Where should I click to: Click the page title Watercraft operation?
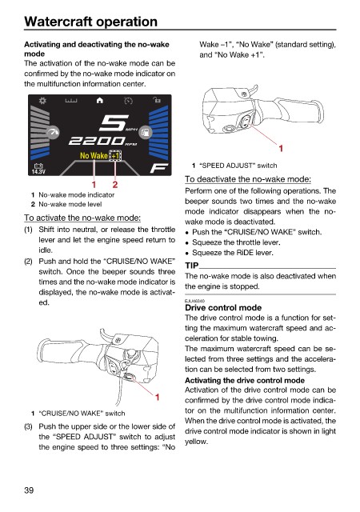coord(91,22)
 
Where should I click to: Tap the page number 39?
coord(29,490)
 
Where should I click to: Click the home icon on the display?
coord(100,100)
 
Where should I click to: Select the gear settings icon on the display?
coord(42,100)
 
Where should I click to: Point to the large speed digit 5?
coord(113,123)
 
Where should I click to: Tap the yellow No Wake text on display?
coord(94,156)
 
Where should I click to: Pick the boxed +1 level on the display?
coord(116,156)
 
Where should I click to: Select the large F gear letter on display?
coord(158,168)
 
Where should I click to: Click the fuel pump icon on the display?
coord(145,132)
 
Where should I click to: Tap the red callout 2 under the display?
coord(115,185)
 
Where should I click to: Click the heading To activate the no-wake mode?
coord(82,218)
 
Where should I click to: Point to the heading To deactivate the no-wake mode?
coord(248,179)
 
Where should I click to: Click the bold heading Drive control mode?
coord(223,307)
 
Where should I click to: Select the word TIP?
coord(192,266)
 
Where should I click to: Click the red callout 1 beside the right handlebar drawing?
coord(281,149)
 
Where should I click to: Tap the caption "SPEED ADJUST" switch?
coord(238,166)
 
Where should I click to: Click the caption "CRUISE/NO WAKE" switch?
coord(82,414)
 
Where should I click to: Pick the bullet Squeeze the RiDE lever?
coord(233,253)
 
